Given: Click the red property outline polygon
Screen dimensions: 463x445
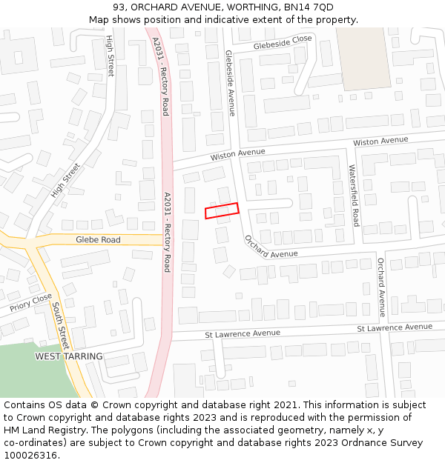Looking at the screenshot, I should [x=222, y=210].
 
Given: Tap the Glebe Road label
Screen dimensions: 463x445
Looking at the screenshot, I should [x=98, y=240].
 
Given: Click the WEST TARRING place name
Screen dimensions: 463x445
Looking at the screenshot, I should [x=69, y=356].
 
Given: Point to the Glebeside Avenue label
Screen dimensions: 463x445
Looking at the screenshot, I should [x=230, y=83].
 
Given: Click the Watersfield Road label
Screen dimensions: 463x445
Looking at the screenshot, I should [x=354, y=196].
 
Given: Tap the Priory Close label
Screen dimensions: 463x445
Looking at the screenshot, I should [x=31, y=302].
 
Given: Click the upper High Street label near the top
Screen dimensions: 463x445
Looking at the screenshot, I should [x=111, y=56].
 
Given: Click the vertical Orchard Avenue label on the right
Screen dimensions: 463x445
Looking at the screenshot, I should [x=381, y=287].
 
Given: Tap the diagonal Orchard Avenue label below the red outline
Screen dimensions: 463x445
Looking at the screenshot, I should [x=270, y=247].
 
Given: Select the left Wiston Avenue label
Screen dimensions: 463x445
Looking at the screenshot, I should [x=237, y=154].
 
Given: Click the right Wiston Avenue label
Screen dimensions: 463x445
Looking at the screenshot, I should [x=380, y=141].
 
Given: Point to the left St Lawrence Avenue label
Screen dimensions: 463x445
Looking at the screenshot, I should [x=243, y=334].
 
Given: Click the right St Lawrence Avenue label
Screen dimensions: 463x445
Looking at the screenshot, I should [x=394, y=327].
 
